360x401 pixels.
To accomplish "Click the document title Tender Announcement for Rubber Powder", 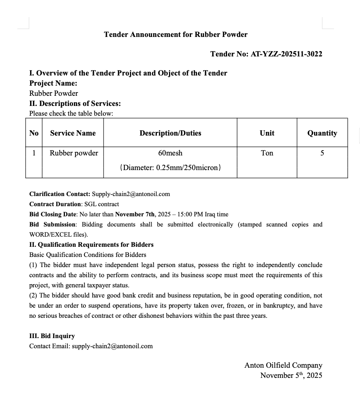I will [176, 34].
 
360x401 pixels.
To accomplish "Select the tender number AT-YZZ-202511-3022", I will [286, 54].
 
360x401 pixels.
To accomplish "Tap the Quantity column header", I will [322, 133].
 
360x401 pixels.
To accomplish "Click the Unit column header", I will [267, 133].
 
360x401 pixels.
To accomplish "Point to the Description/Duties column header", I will [170, 133].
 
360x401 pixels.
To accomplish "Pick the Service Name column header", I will [73, 133].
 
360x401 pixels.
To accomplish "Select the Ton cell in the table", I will [267, 153].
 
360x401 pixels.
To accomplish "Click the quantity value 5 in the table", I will [322, 153].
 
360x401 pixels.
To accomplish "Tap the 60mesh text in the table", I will [170, 153].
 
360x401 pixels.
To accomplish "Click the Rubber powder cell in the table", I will [74, 153].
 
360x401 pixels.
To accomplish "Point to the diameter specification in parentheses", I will [170, 167].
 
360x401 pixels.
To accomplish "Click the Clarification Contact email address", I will [131, 194].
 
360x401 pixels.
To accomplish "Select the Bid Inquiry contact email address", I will [112, 346].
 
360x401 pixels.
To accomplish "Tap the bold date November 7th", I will [135, 214].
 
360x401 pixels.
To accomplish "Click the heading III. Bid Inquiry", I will [52, 336].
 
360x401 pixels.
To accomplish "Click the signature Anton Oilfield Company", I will [283, 365].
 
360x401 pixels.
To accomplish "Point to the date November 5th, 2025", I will [291, 375].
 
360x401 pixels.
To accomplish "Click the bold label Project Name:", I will [53, 83].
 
